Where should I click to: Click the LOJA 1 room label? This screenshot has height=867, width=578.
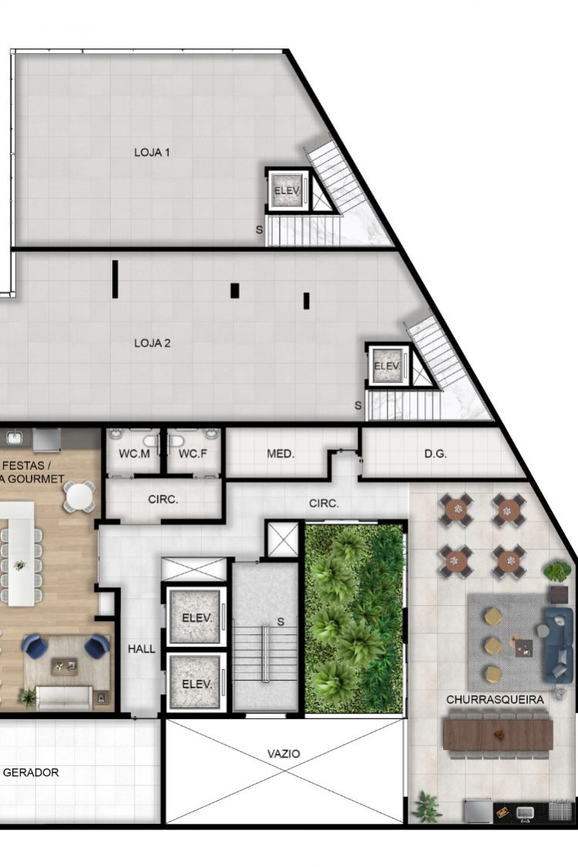152,152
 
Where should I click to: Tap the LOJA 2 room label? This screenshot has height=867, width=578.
152,343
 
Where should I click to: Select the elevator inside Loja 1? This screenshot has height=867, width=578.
287,190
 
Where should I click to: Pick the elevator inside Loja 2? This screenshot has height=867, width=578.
387,365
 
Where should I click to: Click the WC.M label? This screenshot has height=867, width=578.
134,454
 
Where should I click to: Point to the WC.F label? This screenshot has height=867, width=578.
193,454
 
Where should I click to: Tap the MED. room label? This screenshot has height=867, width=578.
281,454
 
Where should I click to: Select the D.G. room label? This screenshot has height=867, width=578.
435,454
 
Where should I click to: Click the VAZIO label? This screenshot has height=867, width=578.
284,754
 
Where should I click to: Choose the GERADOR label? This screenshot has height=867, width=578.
31,772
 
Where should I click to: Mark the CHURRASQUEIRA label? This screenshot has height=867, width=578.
495,700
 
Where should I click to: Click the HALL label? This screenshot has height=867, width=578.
142,649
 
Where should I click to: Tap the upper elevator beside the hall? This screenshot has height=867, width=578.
197,617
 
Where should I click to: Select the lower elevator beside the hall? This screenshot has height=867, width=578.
197,683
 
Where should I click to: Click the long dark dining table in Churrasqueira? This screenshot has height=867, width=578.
498,734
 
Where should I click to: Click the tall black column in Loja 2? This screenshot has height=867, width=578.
115,279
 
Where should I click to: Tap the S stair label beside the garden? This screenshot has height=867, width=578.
281,622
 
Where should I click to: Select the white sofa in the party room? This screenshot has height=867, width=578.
64,697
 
